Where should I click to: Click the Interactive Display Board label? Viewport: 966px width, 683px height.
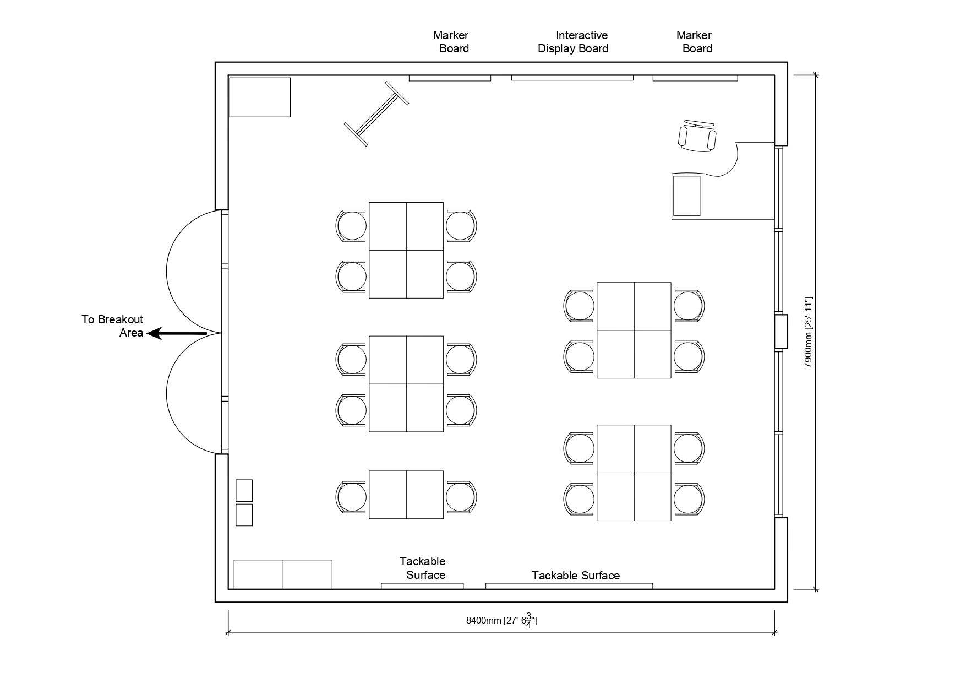pos(573,42)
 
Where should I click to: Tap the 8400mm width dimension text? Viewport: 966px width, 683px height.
pos(501,621)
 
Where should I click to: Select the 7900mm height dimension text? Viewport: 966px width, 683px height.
pos(808,332)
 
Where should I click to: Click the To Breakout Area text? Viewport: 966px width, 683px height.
pos(113,326)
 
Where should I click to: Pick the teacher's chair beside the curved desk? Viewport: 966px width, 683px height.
pos(697,136)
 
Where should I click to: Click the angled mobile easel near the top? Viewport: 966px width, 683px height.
pos(377,114)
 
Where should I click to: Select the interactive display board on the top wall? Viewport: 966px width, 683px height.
pos(572,78)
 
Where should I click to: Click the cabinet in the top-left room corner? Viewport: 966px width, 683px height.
pos(260,97)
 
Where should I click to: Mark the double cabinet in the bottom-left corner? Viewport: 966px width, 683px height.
pos(283,574)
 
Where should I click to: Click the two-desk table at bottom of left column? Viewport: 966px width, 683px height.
pos(406,495)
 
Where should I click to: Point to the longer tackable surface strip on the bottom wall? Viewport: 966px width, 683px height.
pos(569,586)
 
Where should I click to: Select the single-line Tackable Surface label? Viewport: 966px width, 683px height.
pos(575,576)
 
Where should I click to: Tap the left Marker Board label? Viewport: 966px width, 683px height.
pos(451,42)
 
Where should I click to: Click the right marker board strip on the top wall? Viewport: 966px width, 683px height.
pos(695,78)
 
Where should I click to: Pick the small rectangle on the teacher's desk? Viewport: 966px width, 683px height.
pos(686,196)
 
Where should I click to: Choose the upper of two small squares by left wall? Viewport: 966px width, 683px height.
pos(244,490)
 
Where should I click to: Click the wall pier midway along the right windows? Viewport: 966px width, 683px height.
pos(781,332)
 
